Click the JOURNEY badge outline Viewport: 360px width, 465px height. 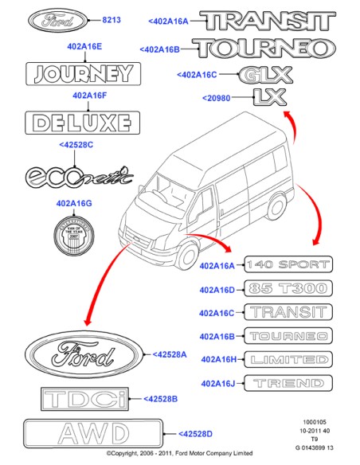point(80,74)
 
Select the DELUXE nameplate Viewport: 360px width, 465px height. point(80,123)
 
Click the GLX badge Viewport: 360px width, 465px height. point(265,76)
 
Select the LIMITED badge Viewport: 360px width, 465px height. point(287,360)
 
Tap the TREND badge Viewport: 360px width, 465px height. point(287,384)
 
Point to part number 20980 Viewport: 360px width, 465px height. point(217,98)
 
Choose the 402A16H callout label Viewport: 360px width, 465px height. point(217,360)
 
